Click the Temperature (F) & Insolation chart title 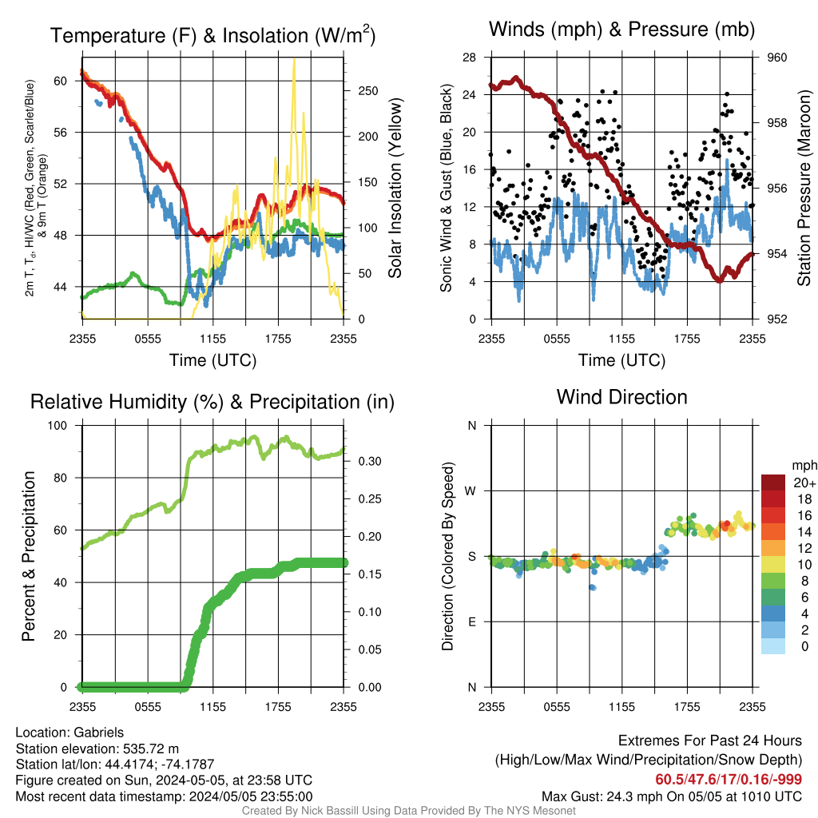[212, 35]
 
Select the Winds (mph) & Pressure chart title [621, 30]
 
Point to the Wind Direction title [621, 397]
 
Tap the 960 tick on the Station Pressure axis [776, 58]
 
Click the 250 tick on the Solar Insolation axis [368, 91]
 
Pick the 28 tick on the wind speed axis [470, 58]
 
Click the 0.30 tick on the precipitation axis [370, 461]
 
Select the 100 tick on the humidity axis [58, 425]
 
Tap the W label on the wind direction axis [471, 491]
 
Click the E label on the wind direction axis [472, 621]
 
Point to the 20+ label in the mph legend [804, 482]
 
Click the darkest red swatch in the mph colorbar [773, 482]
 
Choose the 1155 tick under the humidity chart [212, 707]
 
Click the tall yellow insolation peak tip [294, 59]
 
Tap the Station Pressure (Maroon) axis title [804, 188]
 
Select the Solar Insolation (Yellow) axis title [395, 188]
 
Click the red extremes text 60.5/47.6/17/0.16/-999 [729, 780]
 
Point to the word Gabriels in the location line [98, 733]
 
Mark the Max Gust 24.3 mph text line [672, 796]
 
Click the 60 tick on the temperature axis [61, 81]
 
